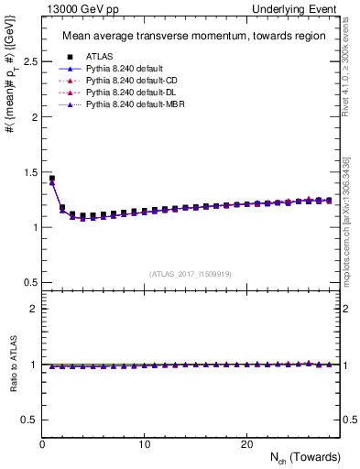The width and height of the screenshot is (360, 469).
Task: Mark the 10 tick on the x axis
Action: tap(145, 444)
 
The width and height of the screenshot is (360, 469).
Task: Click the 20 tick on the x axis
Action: tap(246, 444)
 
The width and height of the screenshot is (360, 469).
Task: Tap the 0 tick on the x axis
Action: tap(43, 444)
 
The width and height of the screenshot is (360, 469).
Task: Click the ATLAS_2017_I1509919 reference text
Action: tap(191, 273)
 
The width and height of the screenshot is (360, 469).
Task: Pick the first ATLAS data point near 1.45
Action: tap(52, 179)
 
